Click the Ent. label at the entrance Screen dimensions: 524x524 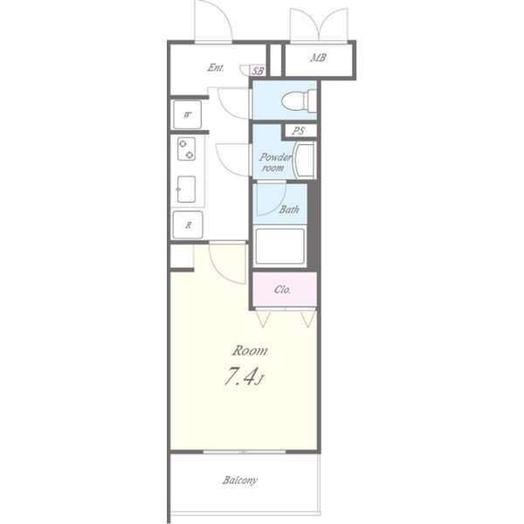(216, 67)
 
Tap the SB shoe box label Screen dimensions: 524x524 (258, 71)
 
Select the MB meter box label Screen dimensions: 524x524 (318, 58)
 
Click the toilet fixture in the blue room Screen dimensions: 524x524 (299, 100)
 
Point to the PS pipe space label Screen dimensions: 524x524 (298, 131)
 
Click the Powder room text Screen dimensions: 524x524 (275, 162)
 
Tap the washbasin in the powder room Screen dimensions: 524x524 (304, 160)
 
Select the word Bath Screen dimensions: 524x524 (289, 210)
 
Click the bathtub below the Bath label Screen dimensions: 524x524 (280, 246)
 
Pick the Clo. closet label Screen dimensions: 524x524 (282, 289)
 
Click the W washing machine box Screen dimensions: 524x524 (188, 115)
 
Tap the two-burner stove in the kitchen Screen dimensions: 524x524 (186, 148)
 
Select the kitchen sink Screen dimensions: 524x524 (186, 190)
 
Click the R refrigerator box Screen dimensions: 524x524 (188, 225)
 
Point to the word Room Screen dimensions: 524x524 (250, 350)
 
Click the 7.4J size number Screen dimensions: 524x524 (245, 376)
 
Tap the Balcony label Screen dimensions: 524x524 (240, 480)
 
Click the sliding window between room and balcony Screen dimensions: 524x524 (245, 452)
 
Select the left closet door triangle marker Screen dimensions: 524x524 (263, 319)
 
